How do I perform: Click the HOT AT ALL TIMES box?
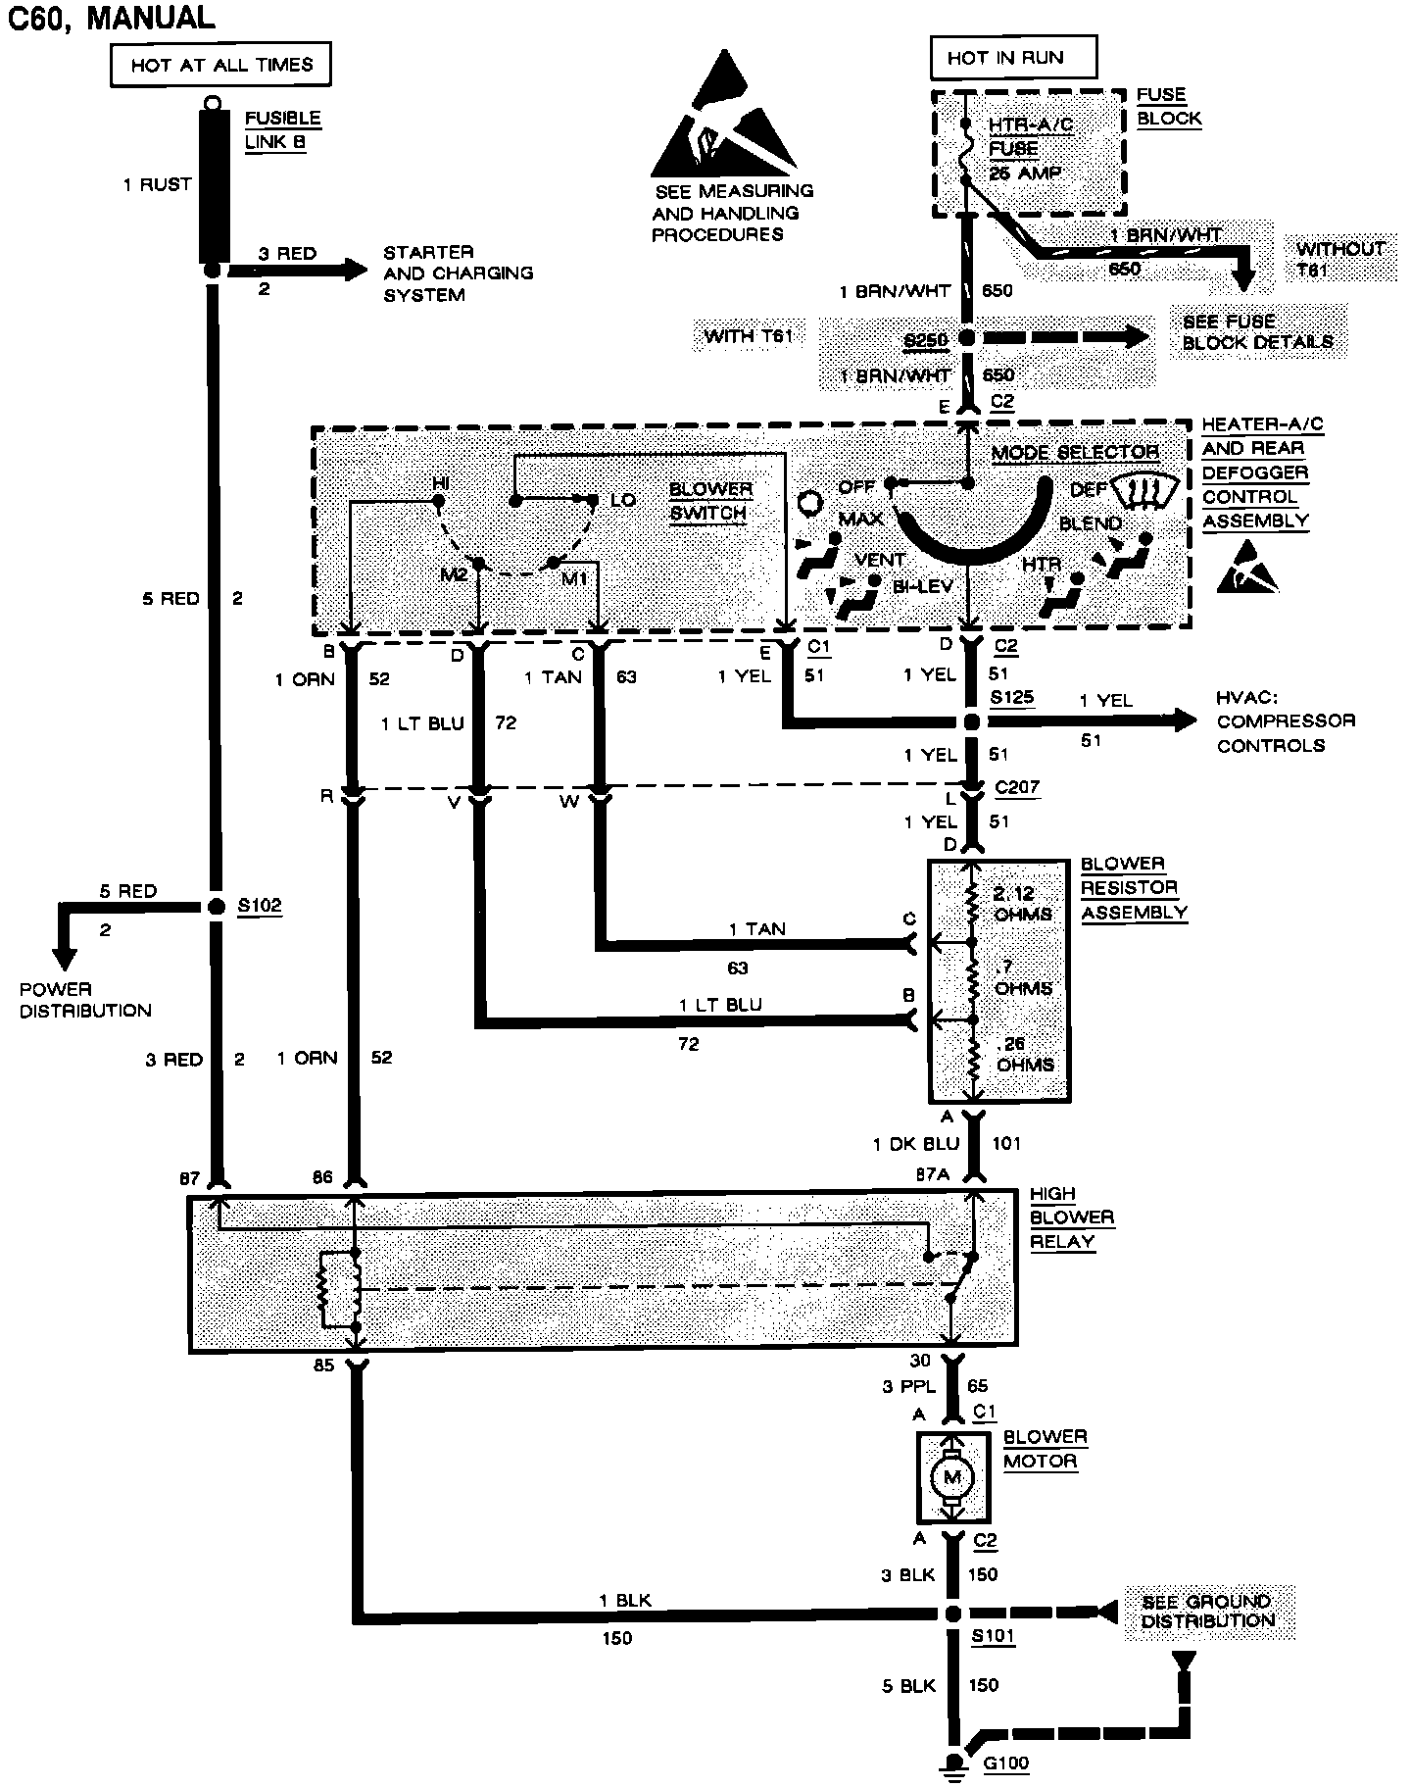coord(222,66)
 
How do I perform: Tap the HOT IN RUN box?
coord(1012,58)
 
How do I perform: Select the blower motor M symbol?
coord(950,1476)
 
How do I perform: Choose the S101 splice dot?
coord(950,1614)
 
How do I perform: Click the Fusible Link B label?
coord(282,129)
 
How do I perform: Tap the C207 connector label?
coord(1016,787)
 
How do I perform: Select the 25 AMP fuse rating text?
coord(1025,174)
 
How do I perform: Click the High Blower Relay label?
coord(1071,1217)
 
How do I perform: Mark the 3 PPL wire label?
coord(910,1386)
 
